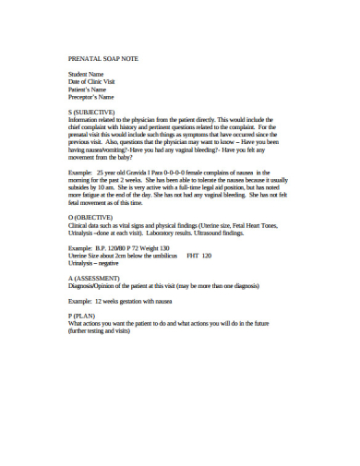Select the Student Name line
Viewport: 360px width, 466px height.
[x=87, y=74]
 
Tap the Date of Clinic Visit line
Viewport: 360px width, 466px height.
[x=95, y=81]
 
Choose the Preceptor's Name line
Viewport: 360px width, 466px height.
[x=91, y=96]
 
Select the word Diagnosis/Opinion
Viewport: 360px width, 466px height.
[x=93, y=285]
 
